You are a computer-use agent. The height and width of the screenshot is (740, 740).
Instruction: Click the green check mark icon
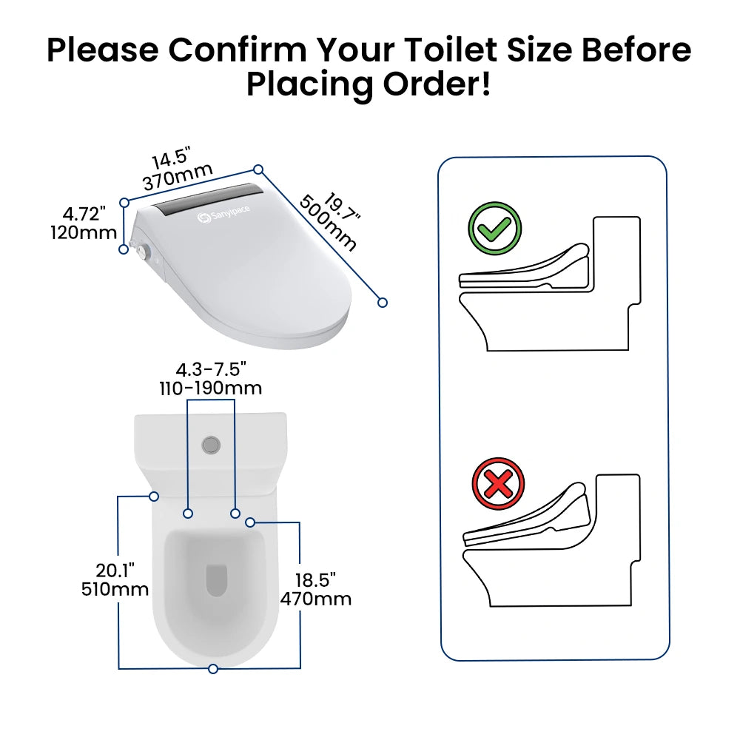[x=494, y=229]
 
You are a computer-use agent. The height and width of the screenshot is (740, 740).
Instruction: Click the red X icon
[x=498, y=484]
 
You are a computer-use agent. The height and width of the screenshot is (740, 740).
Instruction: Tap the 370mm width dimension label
[x=178, y=176]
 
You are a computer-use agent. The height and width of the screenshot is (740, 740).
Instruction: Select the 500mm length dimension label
[x=328, y=223]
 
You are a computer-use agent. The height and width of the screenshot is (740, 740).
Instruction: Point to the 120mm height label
[x=84, y=232]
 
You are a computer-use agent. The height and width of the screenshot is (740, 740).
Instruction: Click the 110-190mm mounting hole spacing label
[x=210, y=388]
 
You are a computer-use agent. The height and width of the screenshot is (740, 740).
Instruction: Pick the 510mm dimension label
[x=115, y=589]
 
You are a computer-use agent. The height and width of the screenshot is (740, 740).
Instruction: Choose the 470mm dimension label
[x=316, y=599]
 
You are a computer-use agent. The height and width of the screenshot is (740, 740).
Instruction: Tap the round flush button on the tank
[x=211, y=445]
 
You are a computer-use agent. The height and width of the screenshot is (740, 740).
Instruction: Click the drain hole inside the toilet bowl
[x=217, y=579]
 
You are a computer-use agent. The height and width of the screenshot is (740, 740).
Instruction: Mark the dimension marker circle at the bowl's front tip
[x=213, y=669]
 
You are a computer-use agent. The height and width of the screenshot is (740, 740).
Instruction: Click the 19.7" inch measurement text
[x=343, y=206]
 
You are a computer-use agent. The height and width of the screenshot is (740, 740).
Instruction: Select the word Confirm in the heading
[x=238, y=50]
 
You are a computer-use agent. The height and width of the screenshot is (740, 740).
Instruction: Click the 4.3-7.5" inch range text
[x=210, y=369]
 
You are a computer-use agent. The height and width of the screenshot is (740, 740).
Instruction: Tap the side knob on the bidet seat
[x=145, y=252]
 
